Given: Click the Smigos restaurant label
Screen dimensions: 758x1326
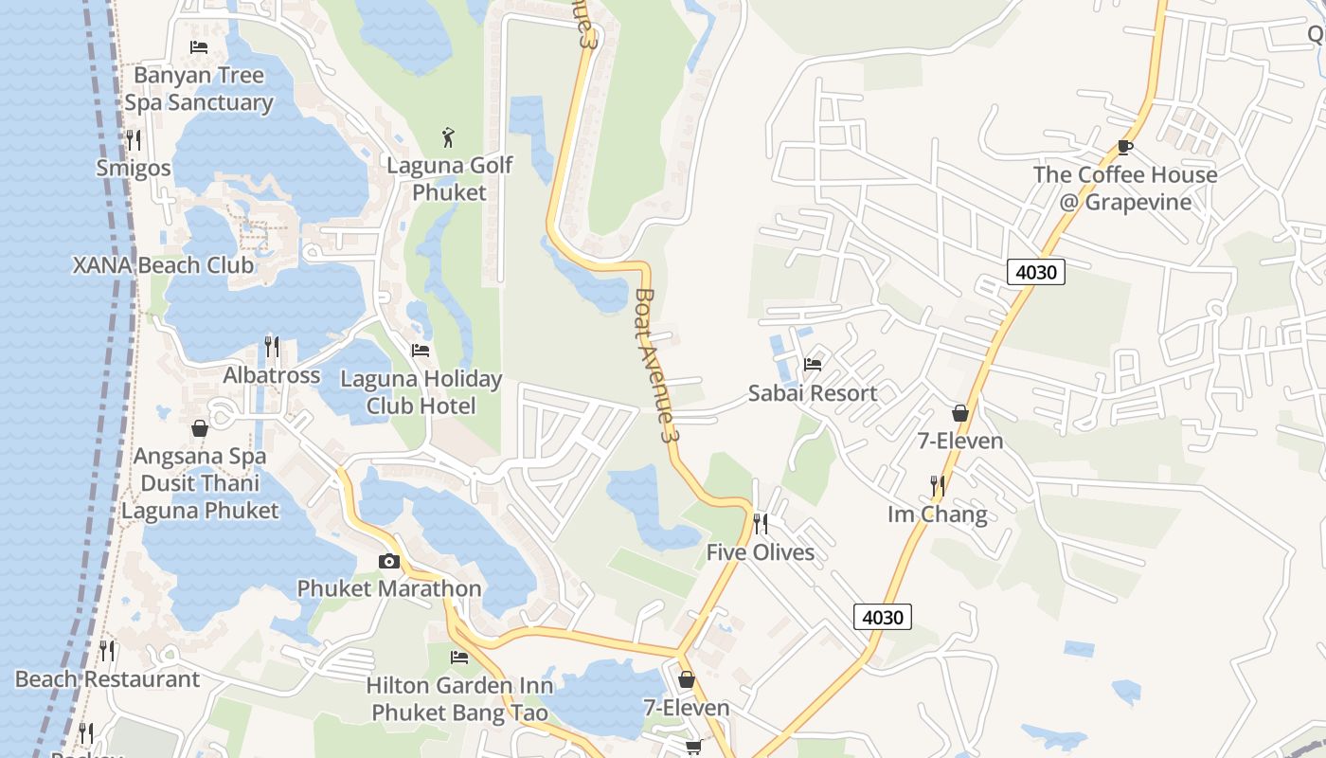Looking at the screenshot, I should click(134, 169).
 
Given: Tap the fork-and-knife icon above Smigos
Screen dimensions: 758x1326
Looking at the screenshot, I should click(134, 140).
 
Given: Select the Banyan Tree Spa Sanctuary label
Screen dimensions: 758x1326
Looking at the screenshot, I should click(199, 89).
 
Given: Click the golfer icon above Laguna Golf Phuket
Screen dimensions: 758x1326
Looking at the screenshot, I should click(449, 137).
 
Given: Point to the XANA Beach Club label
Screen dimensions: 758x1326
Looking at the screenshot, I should click(163, 265).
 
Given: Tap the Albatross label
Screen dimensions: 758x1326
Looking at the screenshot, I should click(271, 375).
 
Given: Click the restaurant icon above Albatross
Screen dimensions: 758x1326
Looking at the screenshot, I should click(272, 347).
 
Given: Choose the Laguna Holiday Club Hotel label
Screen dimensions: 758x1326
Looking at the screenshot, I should click(421, 392).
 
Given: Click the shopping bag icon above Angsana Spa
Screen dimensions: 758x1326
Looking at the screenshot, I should click(200, 428).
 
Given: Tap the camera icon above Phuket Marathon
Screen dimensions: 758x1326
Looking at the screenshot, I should click(388, 561).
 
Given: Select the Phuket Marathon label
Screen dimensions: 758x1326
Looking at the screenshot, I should click(389, 588).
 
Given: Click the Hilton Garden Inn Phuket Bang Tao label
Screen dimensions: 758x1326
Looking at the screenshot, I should click(459, 698).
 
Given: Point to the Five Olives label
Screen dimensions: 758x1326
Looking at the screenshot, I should click(761, 552).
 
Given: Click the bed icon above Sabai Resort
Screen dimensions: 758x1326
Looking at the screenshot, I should click(813, 364).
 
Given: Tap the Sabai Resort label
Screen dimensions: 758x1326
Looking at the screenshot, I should click(813, 393).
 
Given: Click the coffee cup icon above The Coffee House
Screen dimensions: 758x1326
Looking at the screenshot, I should click(1125, 147).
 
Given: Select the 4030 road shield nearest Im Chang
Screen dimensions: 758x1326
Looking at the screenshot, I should click(883, 617).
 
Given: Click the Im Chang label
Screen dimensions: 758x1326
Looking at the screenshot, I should click(938, 514).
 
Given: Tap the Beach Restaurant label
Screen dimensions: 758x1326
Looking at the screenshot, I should click(107, 679).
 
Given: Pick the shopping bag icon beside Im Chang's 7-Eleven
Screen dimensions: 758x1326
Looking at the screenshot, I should click(960, 413).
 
